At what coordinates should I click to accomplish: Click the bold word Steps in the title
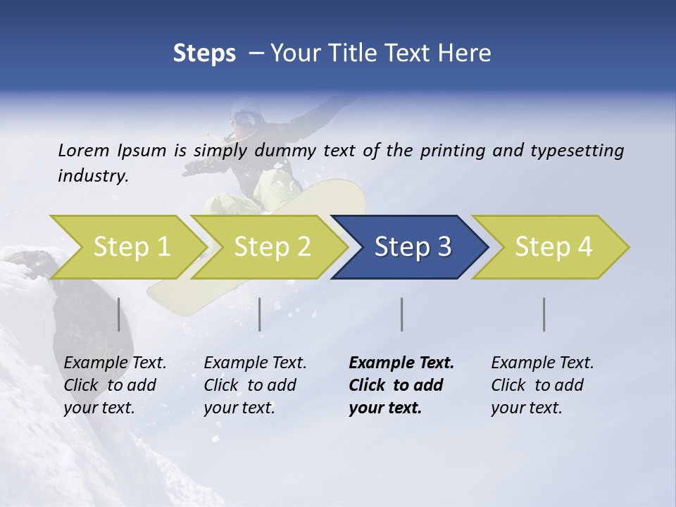204,53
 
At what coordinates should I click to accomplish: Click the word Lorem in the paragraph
83,150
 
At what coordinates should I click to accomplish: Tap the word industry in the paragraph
92,175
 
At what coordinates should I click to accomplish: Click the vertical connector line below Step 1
119,314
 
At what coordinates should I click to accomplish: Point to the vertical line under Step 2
260,314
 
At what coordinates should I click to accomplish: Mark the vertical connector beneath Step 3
401,314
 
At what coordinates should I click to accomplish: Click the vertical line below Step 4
544,314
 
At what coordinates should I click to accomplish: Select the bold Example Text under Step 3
401,363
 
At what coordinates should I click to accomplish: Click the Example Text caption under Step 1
115,363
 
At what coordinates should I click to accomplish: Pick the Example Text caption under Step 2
255,363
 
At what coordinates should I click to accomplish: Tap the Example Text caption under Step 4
542,363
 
